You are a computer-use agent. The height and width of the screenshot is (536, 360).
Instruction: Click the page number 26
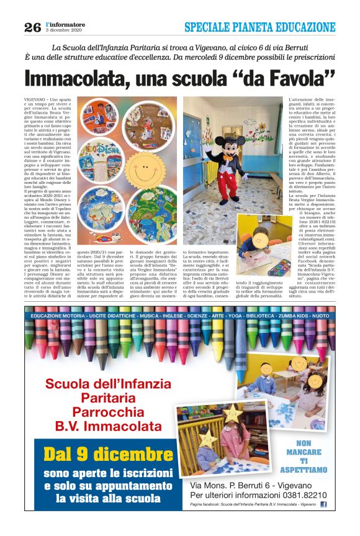pos(32,27)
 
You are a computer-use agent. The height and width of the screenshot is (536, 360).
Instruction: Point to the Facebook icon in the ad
pos(323,504)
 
